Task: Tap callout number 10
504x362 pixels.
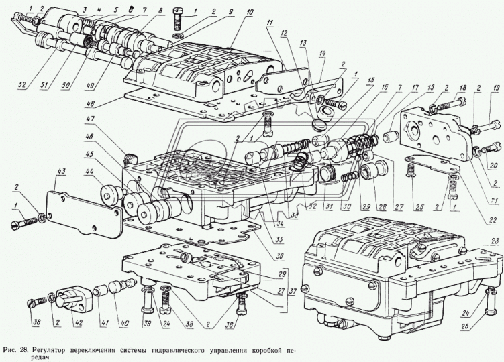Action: coord(231,12)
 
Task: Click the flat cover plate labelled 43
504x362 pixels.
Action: coord(81,207)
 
